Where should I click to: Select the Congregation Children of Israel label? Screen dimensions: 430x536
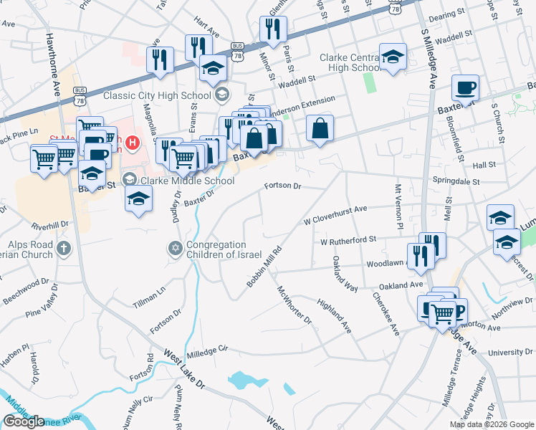[216, 250]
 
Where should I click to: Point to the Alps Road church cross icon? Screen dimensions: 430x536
[64, 249]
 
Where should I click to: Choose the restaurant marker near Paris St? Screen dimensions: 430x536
[273, 29]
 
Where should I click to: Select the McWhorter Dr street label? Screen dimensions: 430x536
[295, 305]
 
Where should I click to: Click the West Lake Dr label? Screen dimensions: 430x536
[185, 369]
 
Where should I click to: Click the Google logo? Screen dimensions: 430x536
[24, 421]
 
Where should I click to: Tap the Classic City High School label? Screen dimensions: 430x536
[158, 95]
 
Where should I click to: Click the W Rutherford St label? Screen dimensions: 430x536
[348, 241]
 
